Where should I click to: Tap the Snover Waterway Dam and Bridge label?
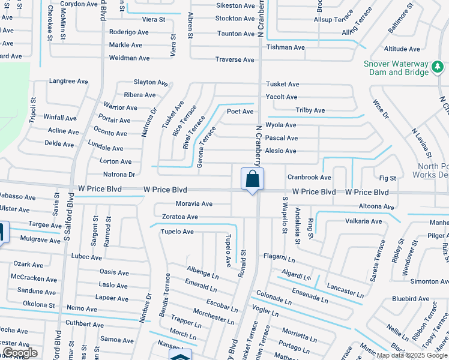pyautogui.click(x=396, y=68)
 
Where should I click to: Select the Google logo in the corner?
pyautogui.click(x=20, y=353)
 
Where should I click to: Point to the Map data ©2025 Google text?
pyautogui.click(x=412, y=355)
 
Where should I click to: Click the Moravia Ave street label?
pyautogui.click(x=194, y=204)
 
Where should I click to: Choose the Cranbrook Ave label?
pyautogui.click(x=309, y=177)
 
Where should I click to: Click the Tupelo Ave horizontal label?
pyautogui.click(x=176, y=232)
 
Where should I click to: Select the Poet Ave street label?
pyautogui.click(x=240, y=112)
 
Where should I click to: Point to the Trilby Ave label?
pyautogui.click(x=310, y=110)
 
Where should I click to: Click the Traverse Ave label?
pyautogui.click(x=235, y=59)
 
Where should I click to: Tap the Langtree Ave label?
pyautogui.click(x=68, y=80)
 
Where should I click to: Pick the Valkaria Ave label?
pyautogui.click(x=363, y=221)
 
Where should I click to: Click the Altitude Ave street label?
pyautogui.click(x=402, y=49)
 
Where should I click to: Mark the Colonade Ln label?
pyautogui.click(x=273, y=298)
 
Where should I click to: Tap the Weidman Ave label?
pyautogui.click(x=129, y=58)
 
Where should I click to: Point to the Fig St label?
pyautogui.click(x=388, y=178)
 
